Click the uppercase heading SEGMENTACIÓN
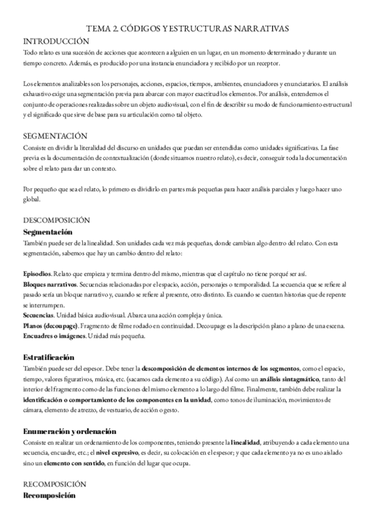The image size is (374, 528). tap(55, 136)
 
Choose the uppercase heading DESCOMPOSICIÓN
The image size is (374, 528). tap(57, 220)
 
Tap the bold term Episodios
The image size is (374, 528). tap(37, 275)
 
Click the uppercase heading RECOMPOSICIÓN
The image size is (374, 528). tap(55, 484)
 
